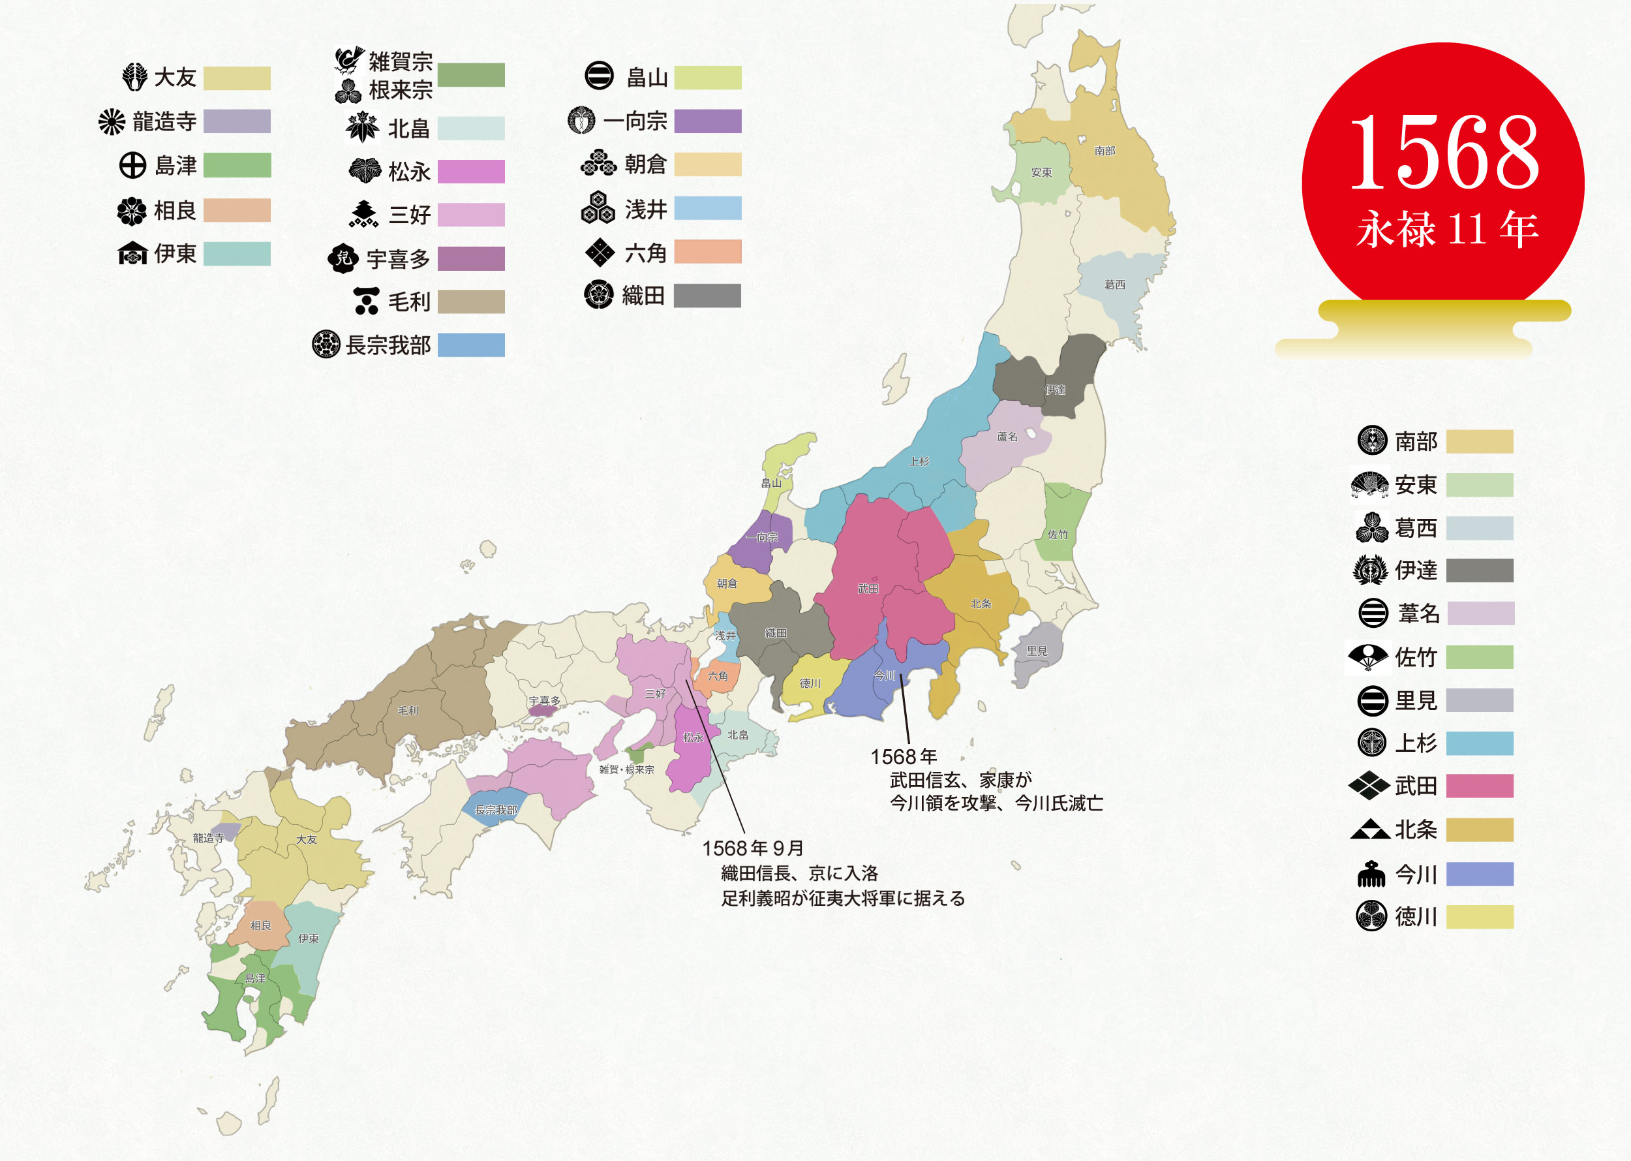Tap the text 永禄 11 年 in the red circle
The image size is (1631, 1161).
click(x=1446, y=230)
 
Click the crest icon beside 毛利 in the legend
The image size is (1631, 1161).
click(x=367, y=301)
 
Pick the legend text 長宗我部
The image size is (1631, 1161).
click(x=388, y=345)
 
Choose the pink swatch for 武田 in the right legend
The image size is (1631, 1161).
click(x=1480, y=786)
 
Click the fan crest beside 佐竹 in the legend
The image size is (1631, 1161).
click(x=1368, y=657)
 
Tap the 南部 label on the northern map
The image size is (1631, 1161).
click(x=1105, y=151)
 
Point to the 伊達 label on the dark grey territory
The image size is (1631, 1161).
click(x=1055, y=390)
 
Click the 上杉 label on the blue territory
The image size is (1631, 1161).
click(x=919, y=462)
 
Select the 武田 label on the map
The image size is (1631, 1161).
click(x=868, y=589)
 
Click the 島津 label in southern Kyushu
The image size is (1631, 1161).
click(x=255, y=978)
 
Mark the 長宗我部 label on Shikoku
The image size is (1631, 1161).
click(x=496, y=810)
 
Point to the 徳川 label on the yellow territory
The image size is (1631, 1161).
click(x=810, y=683)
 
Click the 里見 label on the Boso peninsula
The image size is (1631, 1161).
click(x=1037, y=651)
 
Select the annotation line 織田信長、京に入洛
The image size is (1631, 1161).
click(x=800, y=873)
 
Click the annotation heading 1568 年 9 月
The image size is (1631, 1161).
click(x=753, y=848)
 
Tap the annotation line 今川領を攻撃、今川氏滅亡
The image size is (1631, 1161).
click(x=996, y=803)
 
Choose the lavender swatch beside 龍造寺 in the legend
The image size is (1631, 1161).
click(x=237, y=121)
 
